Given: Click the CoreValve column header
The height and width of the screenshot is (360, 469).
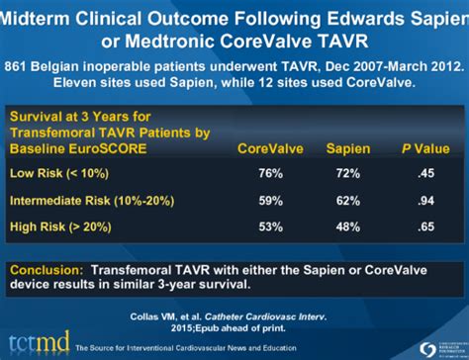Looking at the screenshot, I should pyautogui.click(x=269, y=148).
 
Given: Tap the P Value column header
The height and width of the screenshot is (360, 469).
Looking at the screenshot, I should pyautogui.click(x=423, y=148).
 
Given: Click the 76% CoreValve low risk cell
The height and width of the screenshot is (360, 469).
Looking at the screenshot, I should pyautogui.click(x=270, y=174).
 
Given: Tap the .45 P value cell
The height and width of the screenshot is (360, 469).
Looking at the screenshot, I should pyautogui.click(x=425, y=174).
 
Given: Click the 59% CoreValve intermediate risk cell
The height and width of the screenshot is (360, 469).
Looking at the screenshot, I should pyautogui.click(x=270, y=202).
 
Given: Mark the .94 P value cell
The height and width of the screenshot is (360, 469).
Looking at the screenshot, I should pyautogui.click(x=425, y=202).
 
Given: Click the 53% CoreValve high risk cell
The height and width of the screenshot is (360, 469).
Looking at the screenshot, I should pyautogui.click(x=270, y=227).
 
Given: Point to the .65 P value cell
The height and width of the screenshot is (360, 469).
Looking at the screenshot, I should pyautogui.click(x=425, y=227).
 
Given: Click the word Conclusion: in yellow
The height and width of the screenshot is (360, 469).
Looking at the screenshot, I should pyautogui.click(x=46, y=268).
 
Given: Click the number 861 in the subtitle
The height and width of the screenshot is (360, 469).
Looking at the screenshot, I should pyautogui.click(x=17, y=66).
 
